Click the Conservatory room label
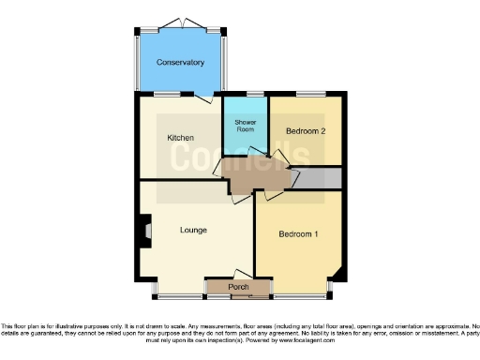click(181, 63)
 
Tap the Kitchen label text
click(181, 138)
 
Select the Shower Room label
click(246, 126)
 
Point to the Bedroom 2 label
click(306, 131)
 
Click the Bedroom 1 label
click(298, 235)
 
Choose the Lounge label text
click(193, 230)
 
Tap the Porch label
click(238, 286)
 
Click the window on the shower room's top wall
click(255, 93)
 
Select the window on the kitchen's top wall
click(168, 93)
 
